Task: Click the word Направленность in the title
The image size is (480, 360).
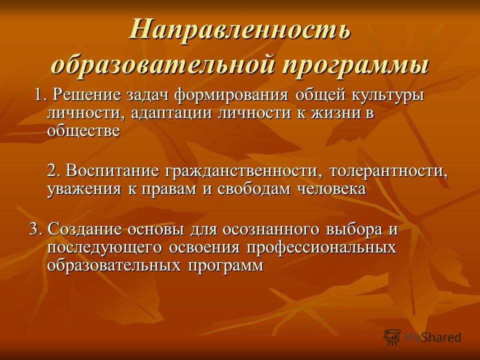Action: (239, 30)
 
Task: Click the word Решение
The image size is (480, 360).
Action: (86, 95)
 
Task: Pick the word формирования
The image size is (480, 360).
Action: (231, 95)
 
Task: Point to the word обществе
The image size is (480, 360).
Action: (83, 130)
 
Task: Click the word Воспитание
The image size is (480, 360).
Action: (112, 171)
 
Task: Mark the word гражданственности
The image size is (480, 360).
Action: (244, 171)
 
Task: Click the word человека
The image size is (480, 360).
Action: (332, 189)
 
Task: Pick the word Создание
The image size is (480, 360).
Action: (84, 229)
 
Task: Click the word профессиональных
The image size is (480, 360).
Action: (321, 247)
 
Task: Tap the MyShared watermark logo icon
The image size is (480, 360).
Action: (392, 337)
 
